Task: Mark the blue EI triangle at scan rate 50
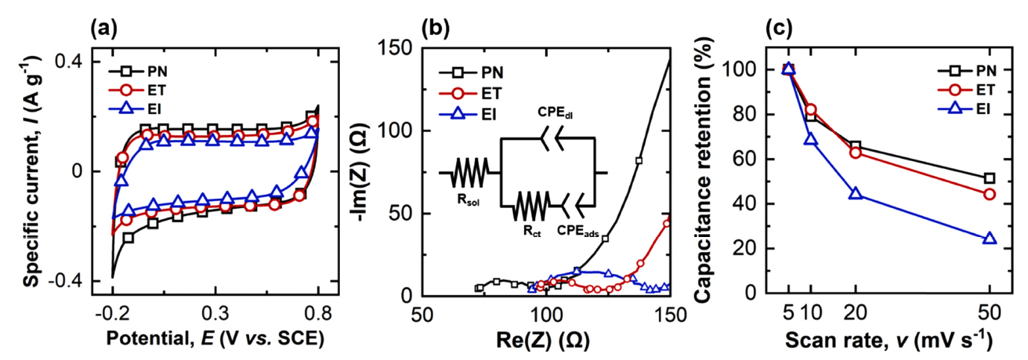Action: [989, 239]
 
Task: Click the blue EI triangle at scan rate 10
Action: [810, 139]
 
